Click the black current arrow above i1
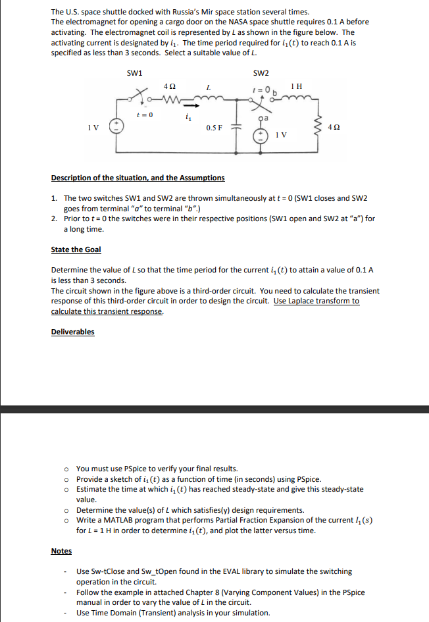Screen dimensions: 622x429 click(189, 104)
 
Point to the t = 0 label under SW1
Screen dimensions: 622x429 click(144, 115)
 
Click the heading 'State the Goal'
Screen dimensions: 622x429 click(76, 249)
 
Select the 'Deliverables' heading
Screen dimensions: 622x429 click(72, 332)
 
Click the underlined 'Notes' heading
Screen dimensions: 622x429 click(61, 551)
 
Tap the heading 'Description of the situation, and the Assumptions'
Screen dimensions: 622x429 click(138, 178)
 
